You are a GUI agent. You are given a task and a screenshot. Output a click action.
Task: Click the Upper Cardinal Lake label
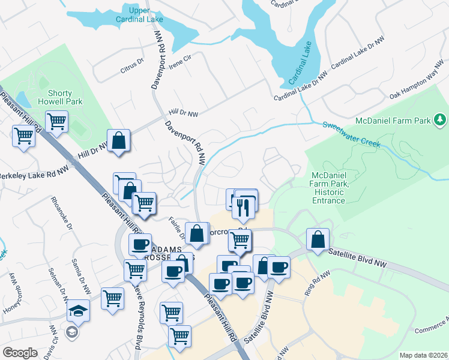click(143, 15)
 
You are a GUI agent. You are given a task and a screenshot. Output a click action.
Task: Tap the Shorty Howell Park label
click(60, 98)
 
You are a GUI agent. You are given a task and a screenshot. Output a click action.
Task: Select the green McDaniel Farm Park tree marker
click(440, 121)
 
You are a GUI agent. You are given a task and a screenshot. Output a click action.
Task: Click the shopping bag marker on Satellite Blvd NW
click(317, 239)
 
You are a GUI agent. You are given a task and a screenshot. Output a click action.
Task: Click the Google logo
click(20, 353)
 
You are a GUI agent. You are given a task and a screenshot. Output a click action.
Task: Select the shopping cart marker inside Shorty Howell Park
click(57, 122)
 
